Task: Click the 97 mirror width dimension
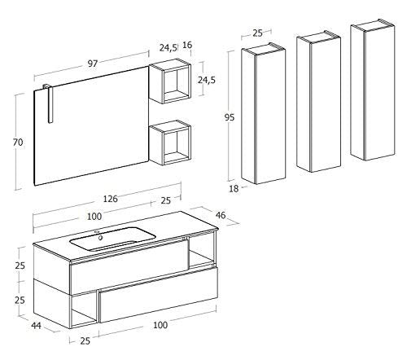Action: (x=93, y=64)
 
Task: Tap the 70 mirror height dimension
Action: (x=18, y=142)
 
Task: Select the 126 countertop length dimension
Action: (x=111, y=199)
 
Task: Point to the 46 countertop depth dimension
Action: (x=221, y=215)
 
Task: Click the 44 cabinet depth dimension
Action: (x=36, y=325)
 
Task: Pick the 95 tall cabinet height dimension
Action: (x=230, y=117)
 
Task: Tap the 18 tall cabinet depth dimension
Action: (x=234, y=188)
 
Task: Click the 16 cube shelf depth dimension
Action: (x=187, y=45)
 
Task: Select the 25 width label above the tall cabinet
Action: (x=257, y=33)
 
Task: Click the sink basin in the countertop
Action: (x=113, y=239)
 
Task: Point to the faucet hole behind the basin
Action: (x=97, y=232)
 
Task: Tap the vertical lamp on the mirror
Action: (x=49, y=103)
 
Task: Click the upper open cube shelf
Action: (x=170, y=81)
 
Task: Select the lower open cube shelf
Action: (x=170, y=143)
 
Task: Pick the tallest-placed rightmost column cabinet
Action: (x=373, y=90)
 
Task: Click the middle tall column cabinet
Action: (x=318, y=102)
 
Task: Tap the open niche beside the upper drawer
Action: (x=202, y=252)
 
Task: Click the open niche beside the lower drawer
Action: (x=84, y=309)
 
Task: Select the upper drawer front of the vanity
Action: (x=129, y=267)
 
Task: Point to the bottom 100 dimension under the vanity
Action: (x=160, y=325)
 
